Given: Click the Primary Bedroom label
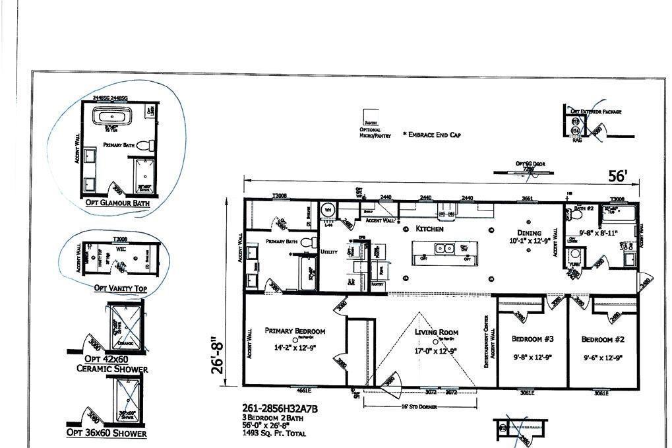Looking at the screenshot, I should [x=295, y=331].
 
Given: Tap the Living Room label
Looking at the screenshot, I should [x=437, y=333].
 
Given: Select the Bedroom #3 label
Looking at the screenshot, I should [x=532, y=339].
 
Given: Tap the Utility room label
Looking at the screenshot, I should [x=329, y=252].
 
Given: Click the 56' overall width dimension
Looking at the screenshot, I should [x=618, y=176].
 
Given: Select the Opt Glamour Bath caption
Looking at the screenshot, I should [x=117, y=204].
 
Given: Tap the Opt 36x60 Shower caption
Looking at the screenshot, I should [x=106, y=433].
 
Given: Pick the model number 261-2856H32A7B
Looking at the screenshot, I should [x=280, y=409].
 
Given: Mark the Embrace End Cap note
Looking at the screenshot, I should [x=431, y=135].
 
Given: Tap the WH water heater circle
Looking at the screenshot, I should [x=328, y=210].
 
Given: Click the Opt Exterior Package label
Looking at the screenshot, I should [x=596, y=112].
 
